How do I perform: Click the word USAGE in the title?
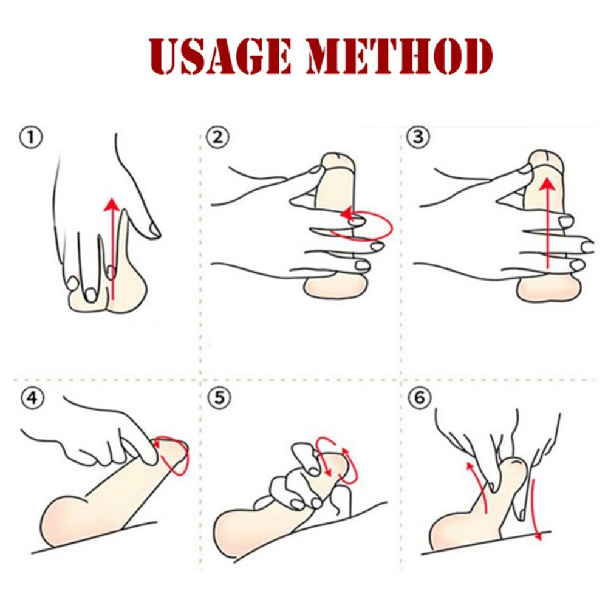219,56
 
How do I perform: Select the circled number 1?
30,138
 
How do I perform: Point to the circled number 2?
217,138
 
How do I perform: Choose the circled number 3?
418,137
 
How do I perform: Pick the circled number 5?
220,398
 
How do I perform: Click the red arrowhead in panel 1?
112,204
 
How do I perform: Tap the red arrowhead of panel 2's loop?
346,214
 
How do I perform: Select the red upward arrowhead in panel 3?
547,183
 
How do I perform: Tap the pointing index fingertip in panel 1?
154,232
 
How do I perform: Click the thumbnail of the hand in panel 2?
317,169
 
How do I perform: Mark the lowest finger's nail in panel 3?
576,265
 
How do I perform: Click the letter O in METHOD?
446,56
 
